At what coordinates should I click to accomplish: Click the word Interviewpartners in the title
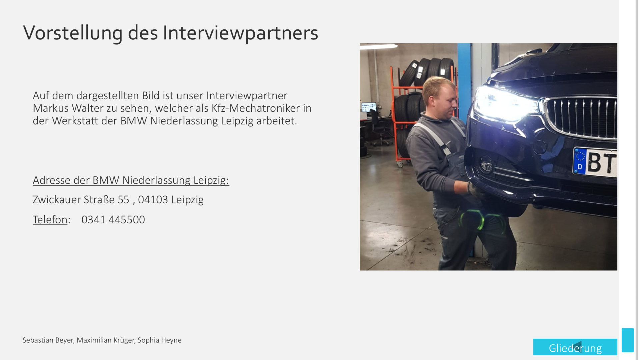[x=240, y=33]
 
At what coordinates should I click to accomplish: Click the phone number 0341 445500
[x=113, y=220]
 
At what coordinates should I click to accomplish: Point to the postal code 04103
[x=153, y=200]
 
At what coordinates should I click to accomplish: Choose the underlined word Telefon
[x=50, y=220]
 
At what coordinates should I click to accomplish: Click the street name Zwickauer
[x=57, y=200]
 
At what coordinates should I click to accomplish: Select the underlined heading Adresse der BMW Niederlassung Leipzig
[x=131, y=180]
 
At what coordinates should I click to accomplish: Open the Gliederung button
[x=575, y=347]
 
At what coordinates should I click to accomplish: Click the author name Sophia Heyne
[x=159, y=340]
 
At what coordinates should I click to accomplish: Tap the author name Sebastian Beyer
[x=48, y=340]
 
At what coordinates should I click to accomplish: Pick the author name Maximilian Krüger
[x=105, y=340]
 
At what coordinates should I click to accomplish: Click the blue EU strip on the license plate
[x=580, y=161]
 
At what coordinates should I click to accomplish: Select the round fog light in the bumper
[x=486, y=164]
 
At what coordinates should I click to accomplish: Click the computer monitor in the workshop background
[x=369, y=107]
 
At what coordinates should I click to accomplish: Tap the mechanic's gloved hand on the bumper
[x=474, y=190]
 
